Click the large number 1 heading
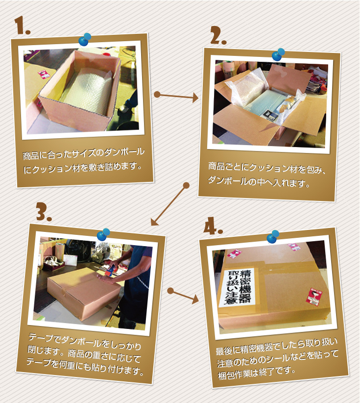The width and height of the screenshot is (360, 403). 22,25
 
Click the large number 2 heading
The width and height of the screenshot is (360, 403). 218,35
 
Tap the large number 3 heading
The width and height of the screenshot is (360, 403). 44,211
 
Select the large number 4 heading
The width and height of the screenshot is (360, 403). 213,226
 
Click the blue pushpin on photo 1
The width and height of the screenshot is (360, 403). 85,39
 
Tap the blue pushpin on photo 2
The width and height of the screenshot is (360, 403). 278,54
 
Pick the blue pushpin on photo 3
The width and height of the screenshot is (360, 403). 103,234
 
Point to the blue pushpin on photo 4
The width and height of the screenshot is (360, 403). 273,237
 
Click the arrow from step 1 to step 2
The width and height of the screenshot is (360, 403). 176,96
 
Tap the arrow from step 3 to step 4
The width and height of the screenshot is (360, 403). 183,296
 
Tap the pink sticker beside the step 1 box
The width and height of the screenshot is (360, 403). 44,74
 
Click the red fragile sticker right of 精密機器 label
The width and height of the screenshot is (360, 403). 314,297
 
